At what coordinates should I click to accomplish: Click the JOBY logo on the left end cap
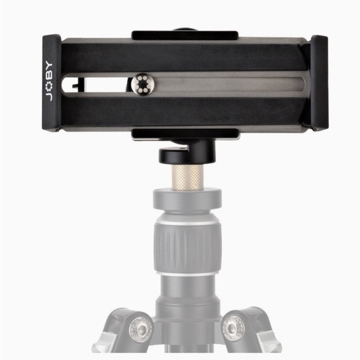click(50, 83)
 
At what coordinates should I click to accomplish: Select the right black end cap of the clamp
click(318, 83)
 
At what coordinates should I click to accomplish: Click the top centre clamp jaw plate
click(184, 35)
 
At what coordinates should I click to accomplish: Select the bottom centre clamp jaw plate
click(185, 133)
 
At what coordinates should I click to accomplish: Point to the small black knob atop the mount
click(184, 29)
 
